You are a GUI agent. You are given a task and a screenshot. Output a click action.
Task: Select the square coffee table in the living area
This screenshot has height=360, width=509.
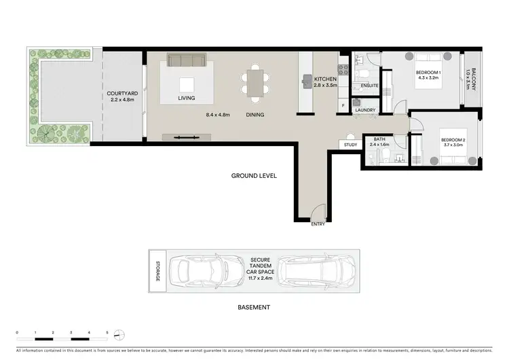click(187, 84)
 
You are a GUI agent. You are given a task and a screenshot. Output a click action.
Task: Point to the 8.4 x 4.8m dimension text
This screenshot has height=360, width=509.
click(218, 115)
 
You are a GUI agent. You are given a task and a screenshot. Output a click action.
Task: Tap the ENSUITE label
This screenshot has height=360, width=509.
click(369, 86)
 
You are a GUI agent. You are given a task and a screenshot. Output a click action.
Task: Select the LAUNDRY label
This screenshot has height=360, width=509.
click(365, 109)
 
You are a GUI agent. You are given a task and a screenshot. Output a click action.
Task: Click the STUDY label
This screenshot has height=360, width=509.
click(350, 145)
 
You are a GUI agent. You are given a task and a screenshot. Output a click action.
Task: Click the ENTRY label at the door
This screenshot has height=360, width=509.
click(318, 223)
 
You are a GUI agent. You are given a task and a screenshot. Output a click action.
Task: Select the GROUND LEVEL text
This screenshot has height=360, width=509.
click(254, 176)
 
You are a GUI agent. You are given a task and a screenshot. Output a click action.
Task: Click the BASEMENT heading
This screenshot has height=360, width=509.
click(254, 307)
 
